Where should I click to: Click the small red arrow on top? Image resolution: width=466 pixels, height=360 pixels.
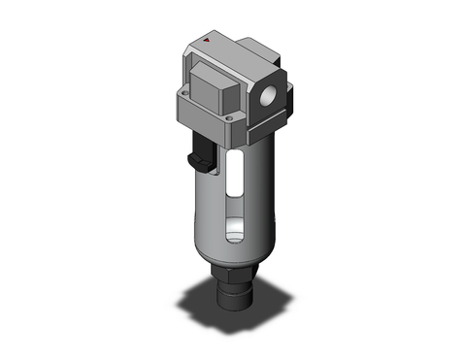[211, 41]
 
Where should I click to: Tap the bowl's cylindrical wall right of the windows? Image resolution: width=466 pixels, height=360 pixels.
[257, 194]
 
